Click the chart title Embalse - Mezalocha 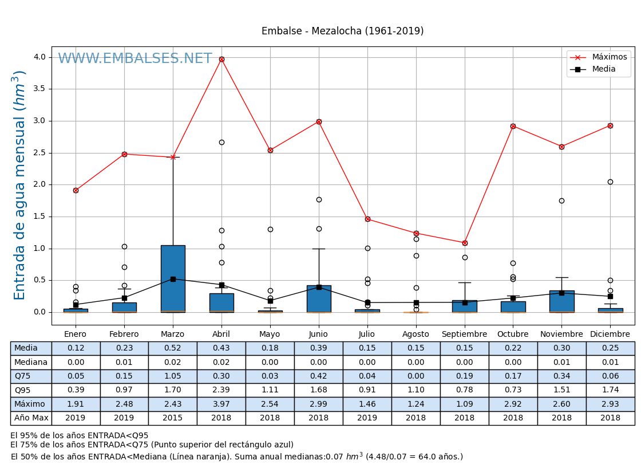click(342, 32)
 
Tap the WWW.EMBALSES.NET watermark click(135, 59)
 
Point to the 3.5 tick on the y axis click(39, 89)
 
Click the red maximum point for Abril click(221, 59)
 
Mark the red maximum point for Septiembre click(465, 243)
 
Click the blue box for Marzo click(173, 278)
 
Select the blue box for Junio click(319, 298)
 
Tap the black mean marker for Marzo click(173, 279)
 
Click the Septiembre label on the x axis click(465, 335)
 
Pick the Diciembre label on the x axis click(610, 335)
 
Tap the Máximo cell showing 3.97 click(221, 404)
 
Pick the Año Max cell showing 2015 click(173, 418)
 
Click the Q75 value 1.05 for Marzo click(173, 376)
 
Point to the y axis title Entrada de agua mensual click(20, 185)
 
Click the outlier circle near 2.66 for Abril click(221, 142)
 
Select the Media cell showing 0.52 click(173, 348)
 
